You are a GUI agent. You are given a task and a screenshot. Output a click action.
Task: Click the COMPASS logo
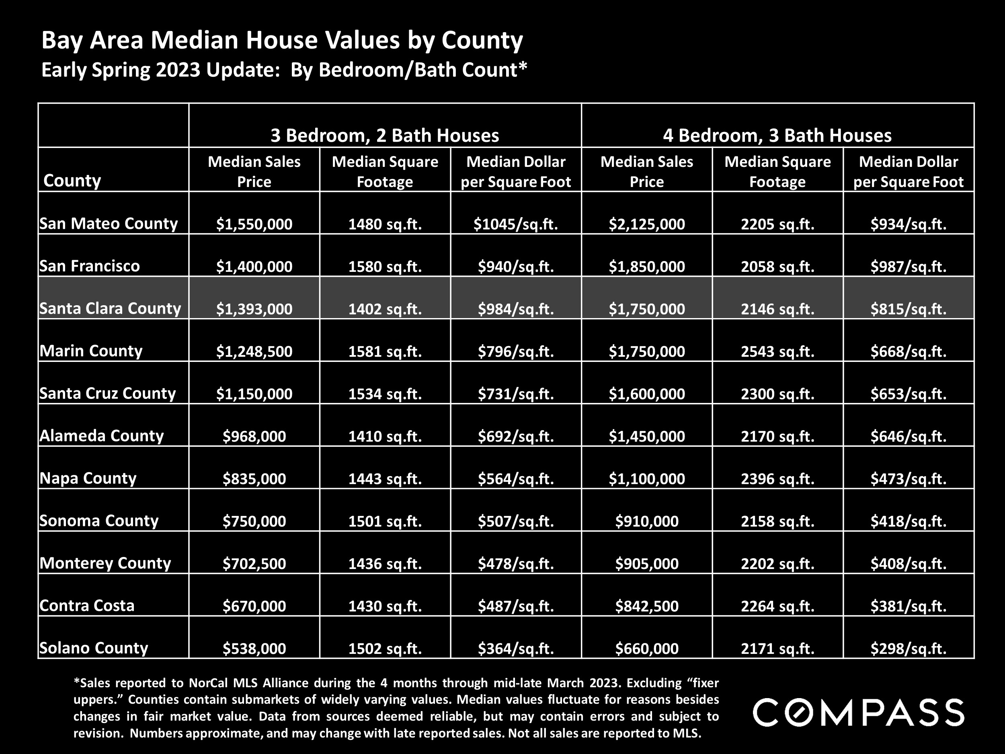pyautogui.click(x=858, y=713)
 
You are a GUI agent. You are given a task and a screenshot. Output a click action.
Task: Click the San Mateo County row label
pyautogui.click(x=109, y=224)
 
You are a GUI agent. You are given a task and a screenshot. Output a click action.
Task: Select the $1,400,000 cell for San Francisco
pyautogui.click(x=254, y=266)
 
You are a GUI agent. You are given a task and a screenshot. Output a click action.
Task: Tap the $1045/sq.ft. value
pyautogui.click(x=516, y=224)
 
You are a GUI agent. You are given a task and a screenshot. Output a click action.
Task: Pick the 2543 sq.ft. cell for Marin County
pyautogui.click(x=777, y=351)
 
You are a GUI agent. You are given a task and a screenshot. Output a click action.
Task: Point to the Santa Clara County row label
pyautogui.click(x=110, y=308)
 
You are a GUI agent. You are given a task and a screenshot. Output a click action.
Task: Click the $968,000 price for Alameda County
pyautogui.click(x=254, y=436)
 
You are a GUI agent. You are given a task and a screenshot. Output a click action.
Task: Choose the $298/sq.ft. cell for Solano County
pyautogui.click(x=908, y=649)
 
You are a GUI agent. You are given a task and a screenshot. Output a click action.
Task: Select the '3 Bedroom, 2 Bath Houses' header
pyautogui.click(x=385, y=136)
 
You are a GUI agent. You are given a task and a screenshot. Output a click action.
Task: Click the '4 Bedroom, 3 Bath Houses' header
pyautogui.click(x=777, y=136)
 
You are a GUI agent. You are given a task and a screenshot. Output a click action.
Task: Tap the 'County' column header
pyautogui.click(x=72, y=181)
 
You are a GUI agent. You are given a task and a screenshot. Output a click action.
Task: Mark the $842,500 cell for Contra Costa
pyautogui.click(x=646, y=606)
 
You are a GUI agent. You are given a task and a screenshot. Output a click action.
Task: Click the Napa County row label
pyautogui.click(x=88, y=478)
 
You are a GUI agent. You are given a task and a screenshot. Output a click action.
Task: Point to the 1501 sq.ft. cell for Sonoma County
pyautogui.click(x=385, y=521)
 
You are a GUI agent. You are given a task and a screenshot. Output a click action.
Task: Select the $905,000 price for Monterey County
pyautogui.click(x=646, y=563)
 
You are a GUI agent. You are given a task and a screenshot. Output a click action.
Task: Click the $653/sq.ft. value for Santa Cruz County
pyautogui.click(x=908, y=394)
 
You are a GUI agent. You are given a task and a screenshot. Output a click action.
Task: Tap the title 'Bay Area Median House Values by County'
pyautogui.click(x=282, y=40)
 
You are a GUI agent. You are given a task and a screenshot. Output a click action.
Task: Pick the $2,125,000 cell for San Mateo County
pyautogui.click(x=646, y=224)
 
